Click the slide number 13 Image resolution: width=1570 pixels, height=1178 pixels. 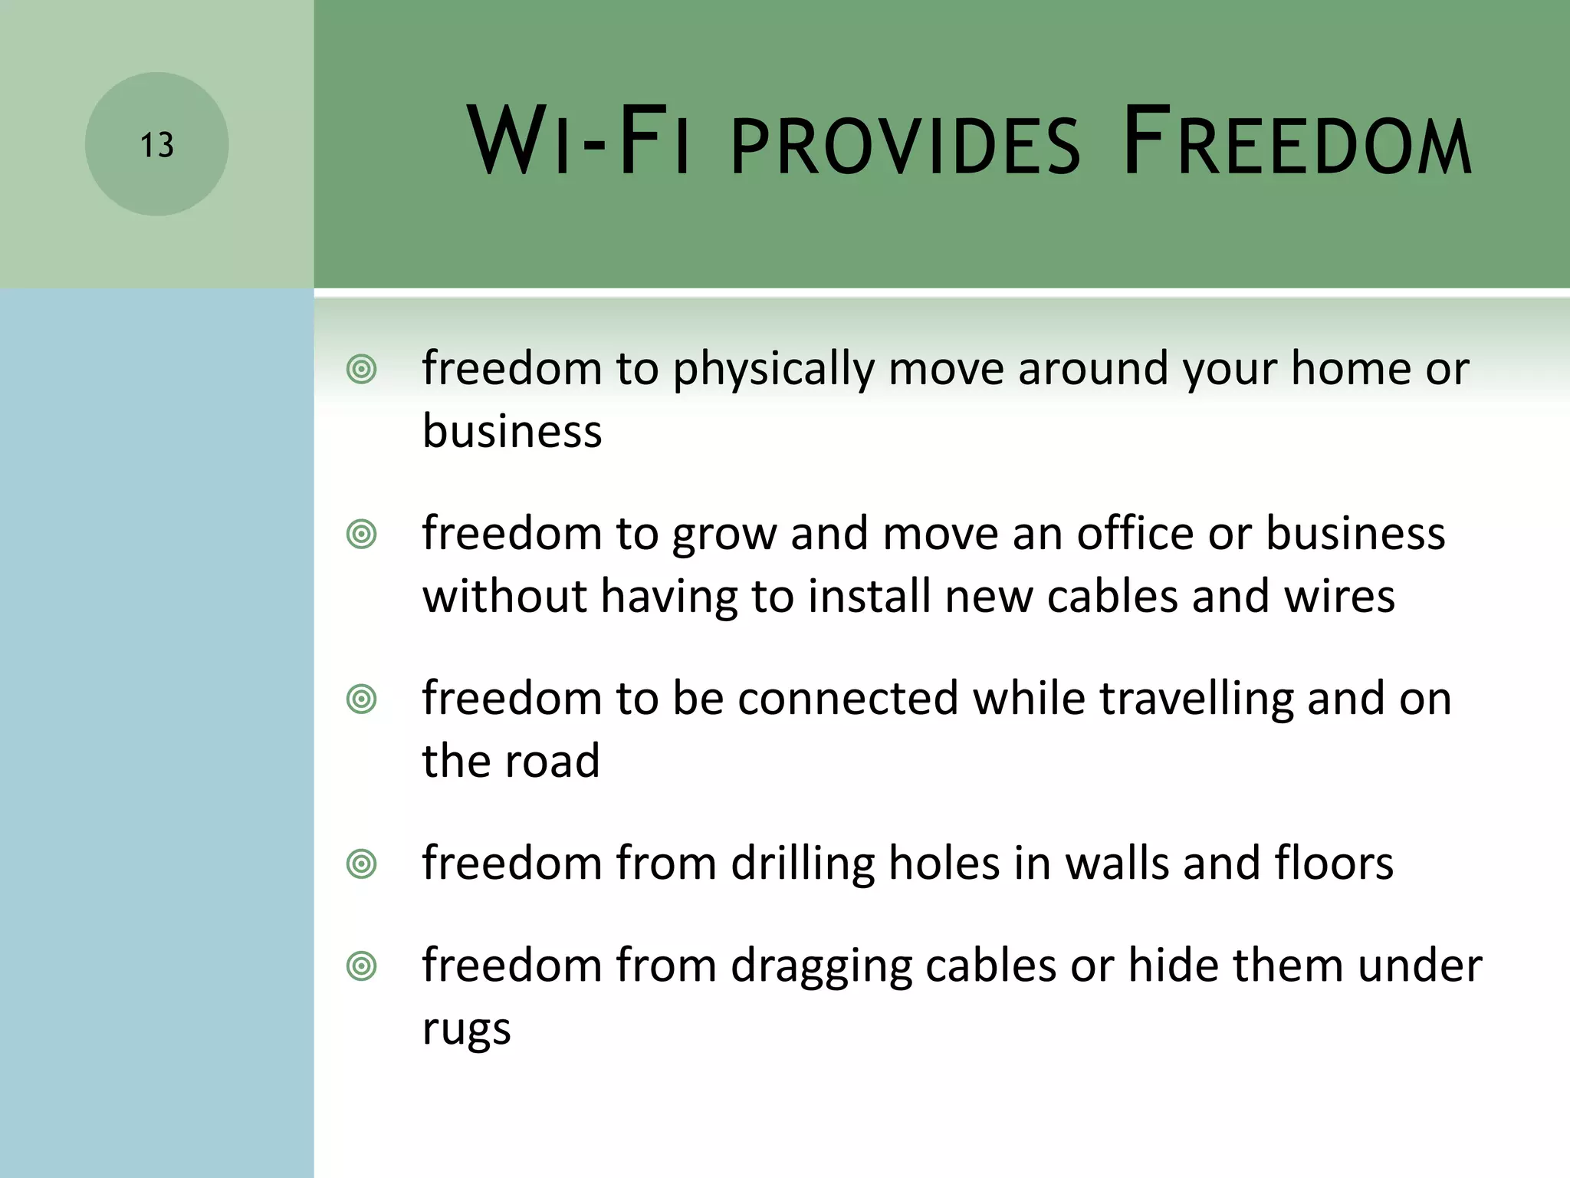(156, 145)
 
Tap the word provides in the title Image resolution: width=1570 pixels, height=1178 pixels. (905, 146)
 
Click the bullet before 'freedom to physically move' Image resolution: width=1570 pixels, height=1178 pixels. (361, 370)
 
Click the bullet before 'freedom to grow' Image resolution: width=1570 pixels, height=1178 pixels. (361, 535)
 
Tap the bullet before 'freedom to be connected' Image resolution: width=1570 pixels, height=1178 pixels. (361, 699)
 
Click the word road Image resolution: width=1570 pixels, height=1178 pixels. (551, 762)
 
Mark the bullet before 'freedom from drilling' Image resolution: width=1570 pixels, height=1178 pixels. (361, 864)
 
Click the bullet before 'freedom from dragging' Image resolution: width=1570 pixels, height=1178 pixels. (361, 966)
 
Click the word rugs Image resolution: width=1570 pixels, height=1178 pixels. (466, 1029)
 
